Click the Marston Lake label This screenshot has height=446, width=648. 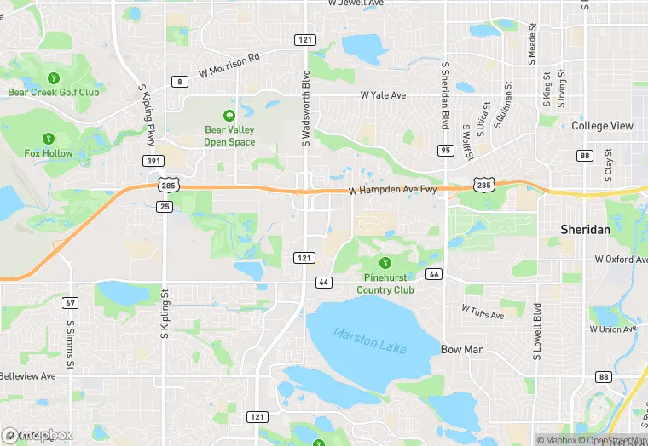tap(370, 340)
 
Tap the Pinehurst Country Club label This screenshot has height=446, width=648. tap(385, 283)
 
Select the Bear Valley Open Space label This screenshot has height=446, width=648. tap(229, 136)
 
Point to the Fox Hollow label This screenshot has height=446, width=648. tap(49, 153)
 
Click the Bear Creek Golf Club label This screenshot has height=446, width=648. tap(54, 92)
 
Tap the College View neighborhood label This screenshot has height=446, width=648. tap(602, 125)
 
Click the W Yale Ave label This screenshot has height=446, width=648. tap(384, 95)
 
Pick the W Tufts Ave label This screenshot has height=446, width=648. tap(483, 312)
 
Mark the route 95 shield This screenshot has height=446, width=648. tap(445, 150)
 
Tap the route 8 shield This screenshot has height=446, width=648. tap(180, 82)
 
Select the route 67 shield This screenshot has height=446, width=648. tap(70, 303)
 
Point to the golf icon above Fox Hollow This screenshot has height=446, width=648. tap(49, 137)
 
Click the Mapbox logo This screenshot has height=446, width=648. tap(38, 435)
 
